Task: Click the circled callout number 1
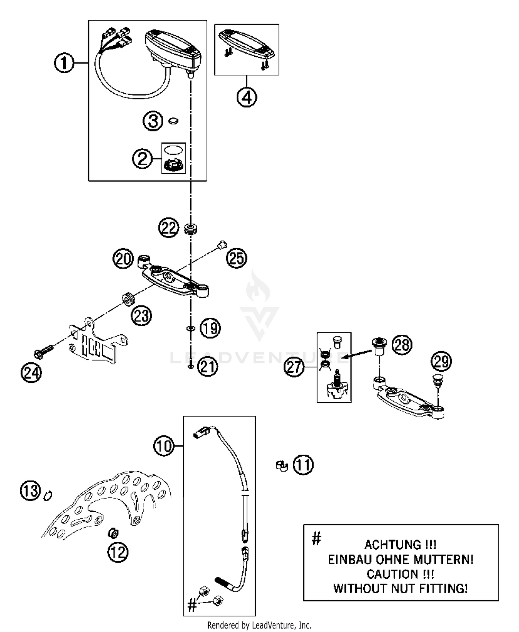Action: [64, 64]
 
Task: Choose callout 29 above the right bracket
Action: [441, 361]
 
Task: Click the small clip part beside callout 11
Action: [282, 466]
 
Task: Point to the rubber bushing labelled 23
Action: [128, 298]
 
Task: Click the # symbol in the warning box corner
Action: [316, 538]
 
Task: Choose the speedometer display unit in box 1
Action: [173, 50]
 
